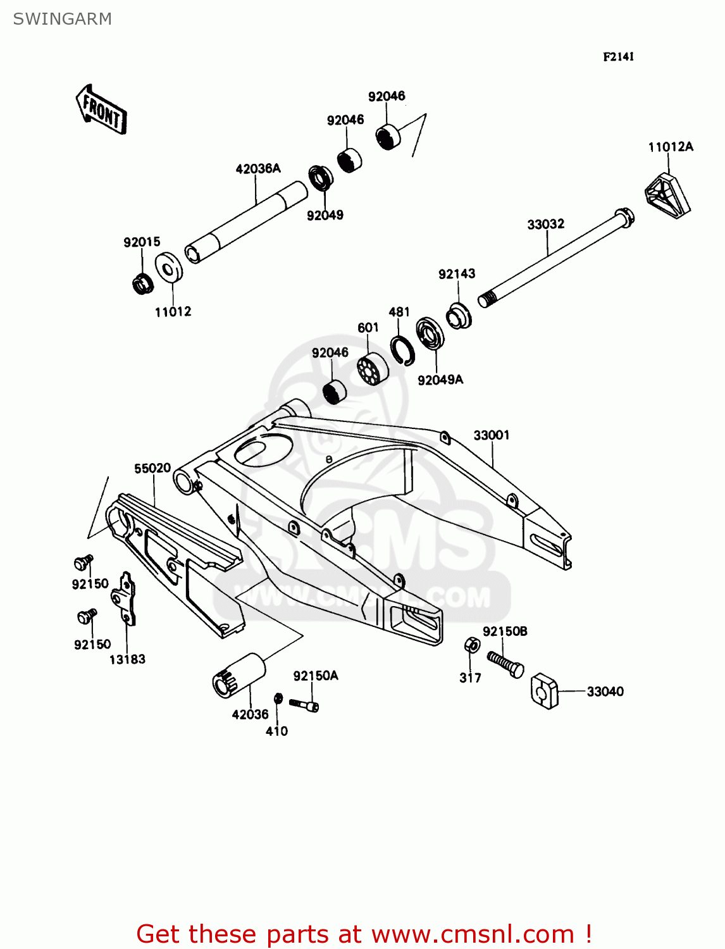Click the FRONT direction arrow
click(x=101, y=109)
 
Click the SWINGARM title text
click(x=62, y=19)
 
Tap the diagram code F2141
click(x=618, y=57)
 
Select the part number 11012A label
click(x=670, y=147)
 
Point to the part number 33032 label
click(x=545, y=224)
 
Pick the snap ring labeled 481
click(x=402, y=350)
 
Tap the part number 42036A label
click(x=257, y=169)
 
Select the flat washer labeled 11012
click(x=168, y=268)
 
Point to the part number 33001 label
click(x=492, y=435)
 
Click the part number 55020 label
click(x=152, y=468)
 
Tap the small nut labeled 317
click(x=471, y=645)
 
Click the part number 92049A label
click(x=440, y=380)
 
